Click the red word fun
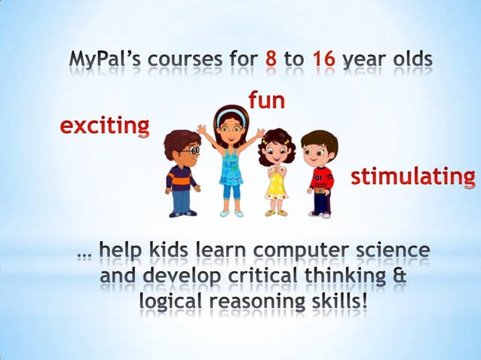[266, 99]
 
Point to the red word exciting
[105, 125]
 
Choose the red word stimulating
[413, 177]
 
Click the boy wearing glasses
[182, 172]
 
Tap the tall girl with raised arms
[230, 158]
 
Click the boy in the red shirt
[320, 173]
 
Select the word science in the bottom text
[394, 250]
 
